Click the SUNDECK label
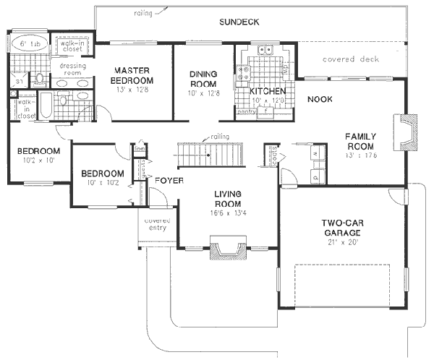[239, 22]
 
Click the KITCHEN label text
[267, 92]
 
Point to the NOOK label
[319, 99]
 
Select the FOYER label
[168, 179]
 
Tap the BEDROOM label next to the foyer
[102, 174]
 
